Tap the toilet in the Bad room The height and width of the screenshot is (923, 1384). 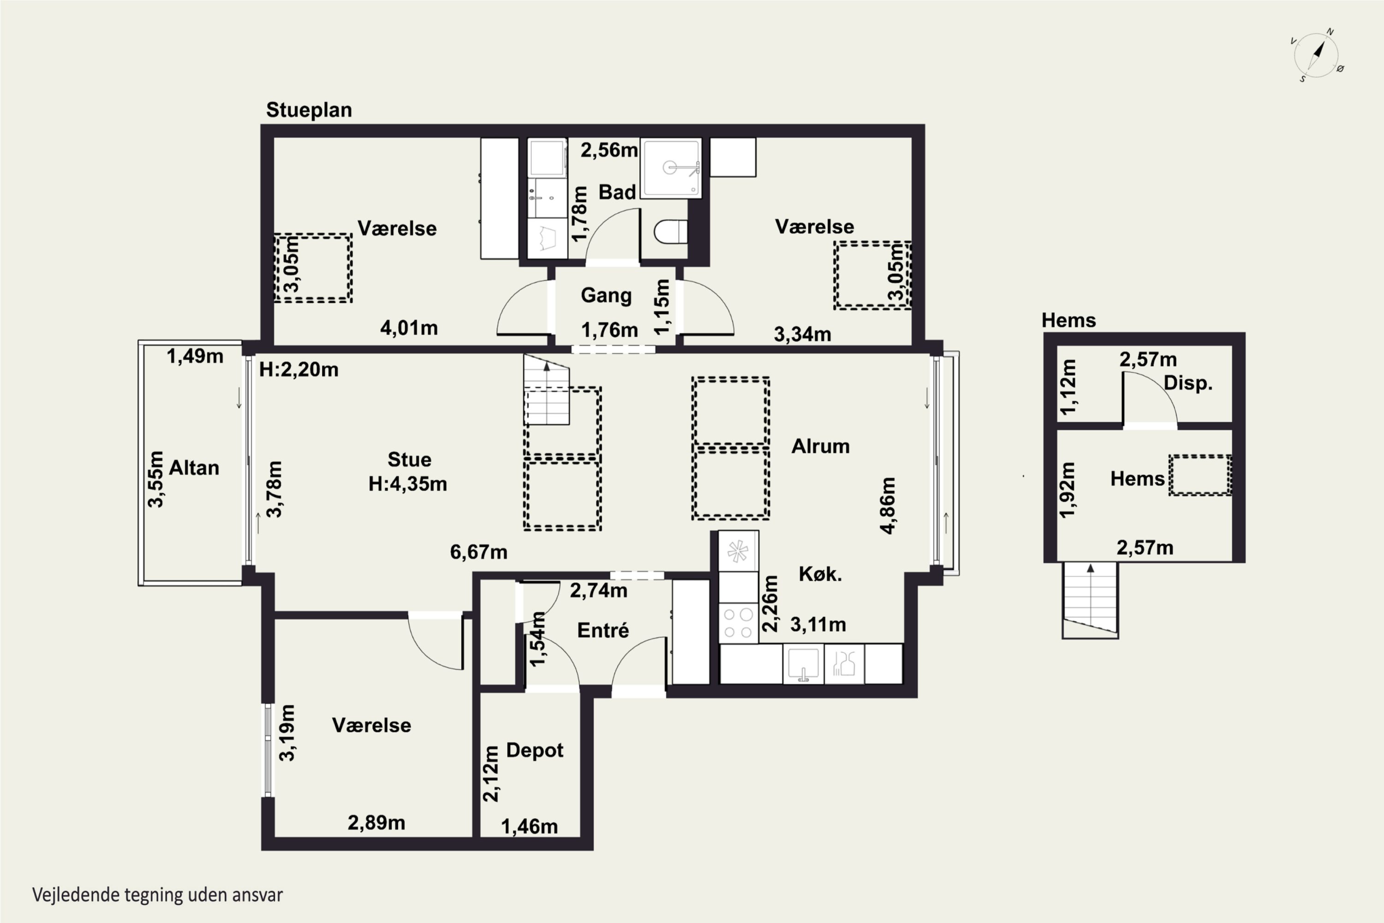671,231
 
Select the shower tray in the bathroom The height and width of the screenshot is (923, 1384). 671,168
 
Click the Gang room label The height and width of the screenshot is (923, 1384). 606,295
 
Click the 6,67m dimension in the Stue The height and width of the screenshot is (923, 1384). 478,552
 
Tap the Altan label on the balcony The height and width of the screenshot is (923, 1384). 194,468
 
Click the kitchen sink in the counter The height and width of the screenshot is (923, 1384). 803,664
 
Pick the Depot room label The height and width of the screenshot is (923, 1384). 535,750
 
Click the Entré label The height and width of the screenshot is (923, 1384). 603,630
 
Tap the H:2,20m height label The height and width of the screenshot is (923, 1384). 299,370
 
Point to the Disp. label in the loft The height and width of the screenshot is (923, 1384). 1188,383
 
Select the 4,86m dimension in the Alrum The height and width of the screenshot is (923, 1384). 888,506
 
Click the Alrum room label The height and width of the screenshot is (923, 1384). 820,446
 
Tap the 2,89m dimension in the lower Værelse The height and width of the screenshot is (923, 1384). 376,823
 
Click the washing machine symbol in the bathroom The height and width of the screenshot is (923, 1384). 547,239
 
